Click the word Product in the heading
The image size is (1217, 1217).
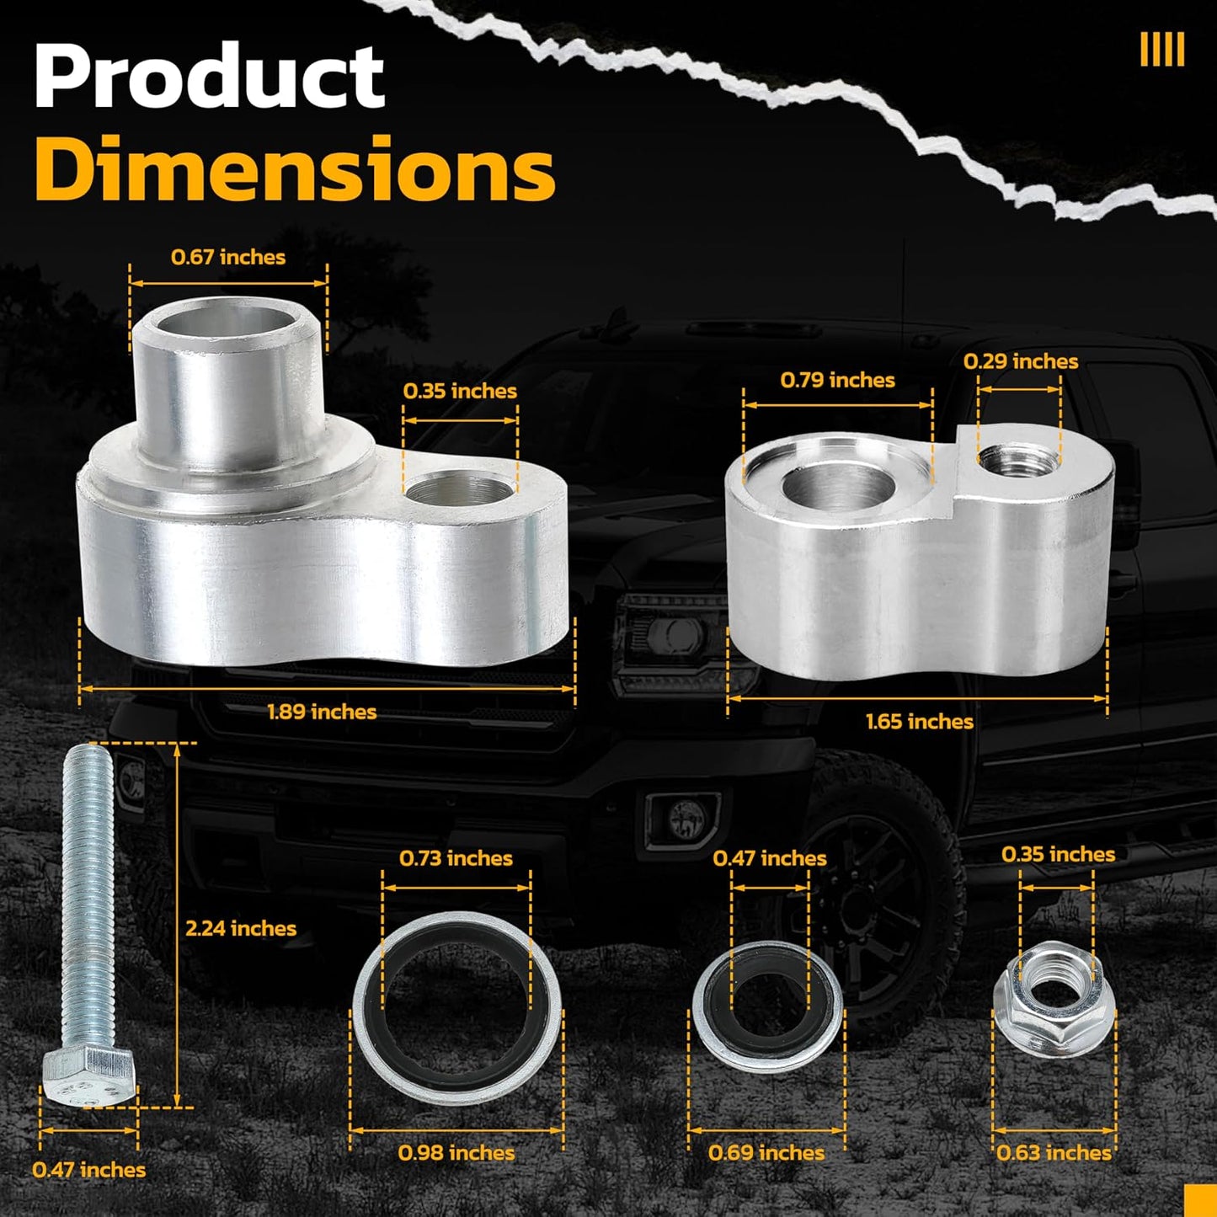pyautogui.click(x=209, y=77)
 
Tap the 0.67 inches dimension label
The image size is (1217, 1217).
pyautogui.click(x=228, y=257)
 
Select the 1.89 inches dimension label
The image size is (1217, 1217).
pyautogui.click(x=322, y=712)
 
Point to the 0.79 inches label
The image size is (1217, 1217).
pyautogui.click(x=837, y=380)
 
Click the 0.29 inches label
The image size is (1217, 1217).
pyautogui.click(x=1021, y=361)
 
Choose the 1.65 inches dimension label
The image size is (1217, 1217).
pyautogui.click(x=920, y=721)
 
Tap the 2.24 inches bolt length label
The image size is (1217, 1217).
pyautogui.click(x=241, y=928)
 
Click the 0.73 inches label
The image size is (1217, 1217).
pyautogui.click(x=456, y=857)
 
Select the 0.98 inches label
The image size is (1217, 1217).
pyautogui.click(x=456, y=1153)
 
